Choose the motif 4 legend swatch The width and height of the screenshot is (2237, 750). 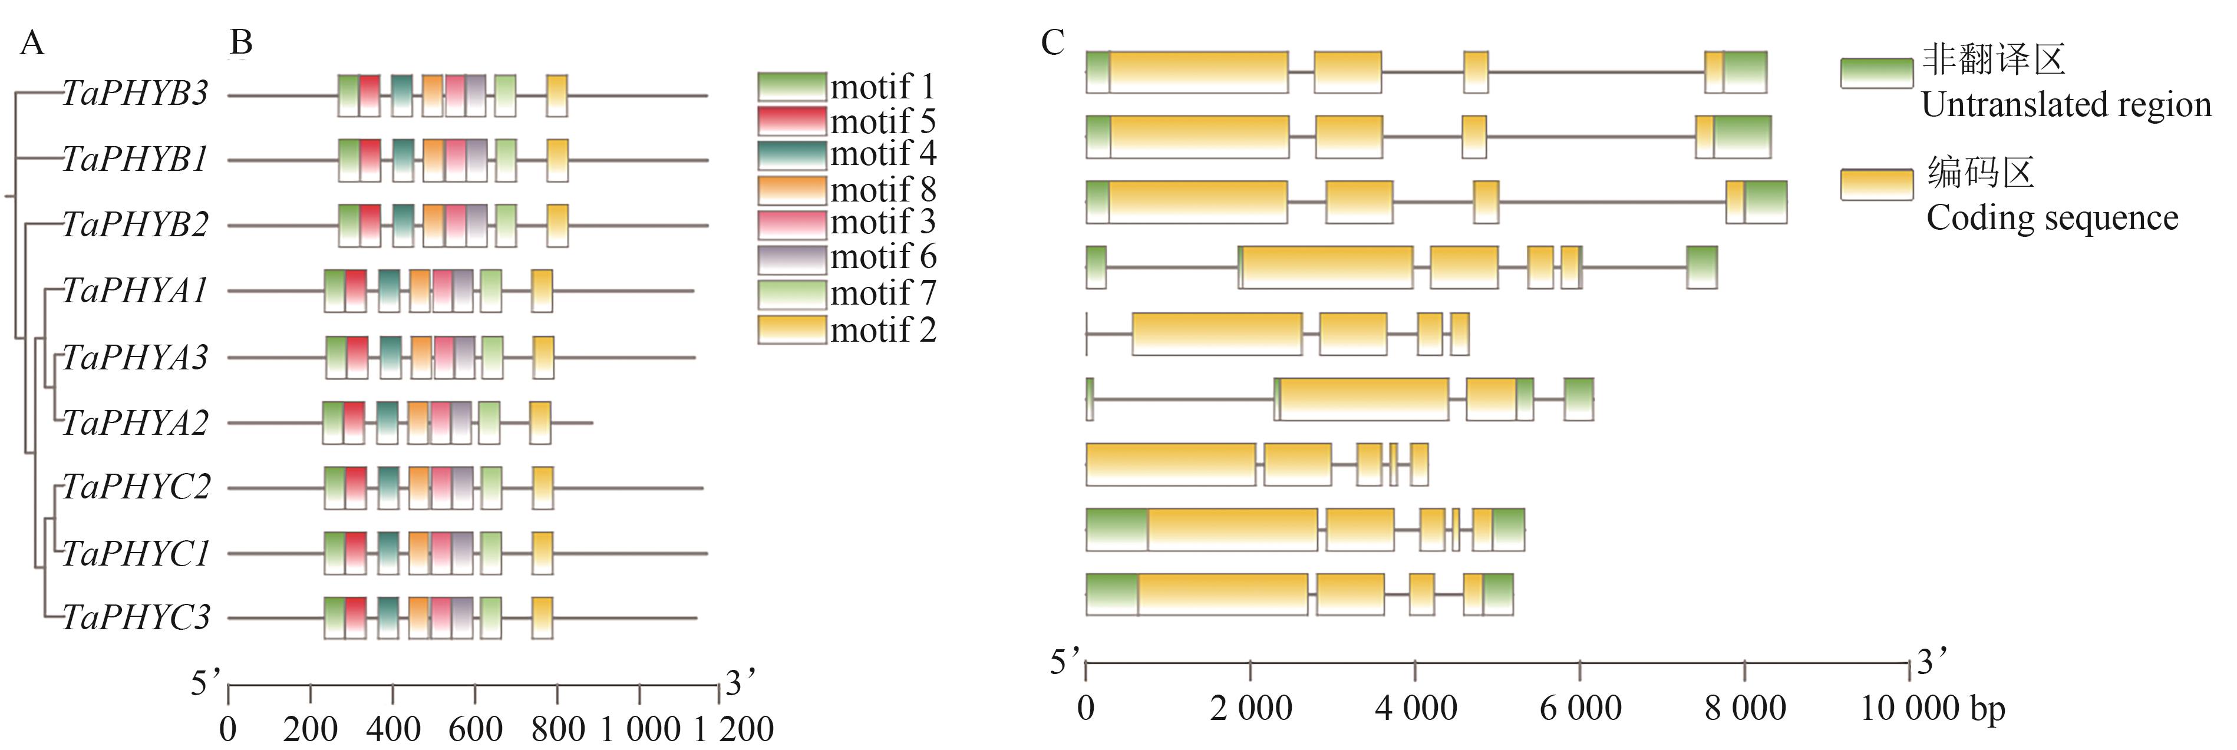click(x=791, y=154)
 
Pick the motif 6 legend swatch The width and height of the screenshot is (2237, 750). click(x=791, y=258)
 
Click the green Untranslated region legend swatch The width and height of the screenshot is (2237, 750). click(x=1876, y=73)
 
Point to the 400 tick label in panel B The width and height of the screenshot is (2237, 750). click(x=392, y=728)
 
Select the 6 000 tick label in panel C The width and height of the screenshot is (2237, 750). click(x=1579, y=708)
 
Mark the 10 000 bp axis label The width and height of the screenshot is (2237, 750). click(x=1932, y=708)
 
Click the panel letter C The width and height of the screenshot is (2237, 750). click(x=1052, y=42)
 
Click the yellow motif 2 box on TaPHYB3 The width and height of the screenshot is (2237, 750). click(x=557, y=95)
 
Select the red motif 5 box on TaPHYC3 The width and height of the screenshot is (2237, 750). click(x=355, y=617)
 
